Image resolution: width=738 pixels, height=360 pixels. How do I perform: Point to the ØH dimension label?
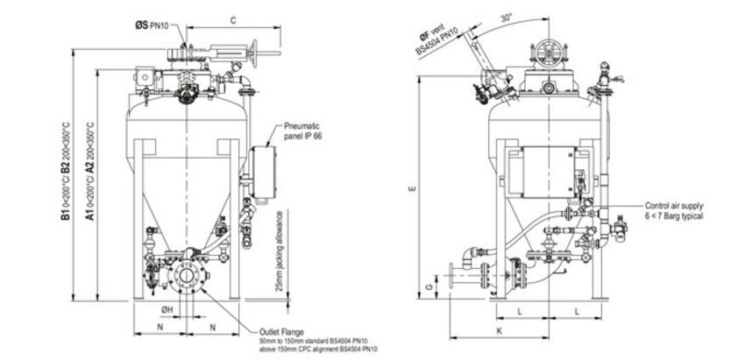pos(165,309)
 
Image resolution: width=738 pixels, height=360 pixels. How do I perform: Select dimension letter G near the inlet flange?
pos(429,286)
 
